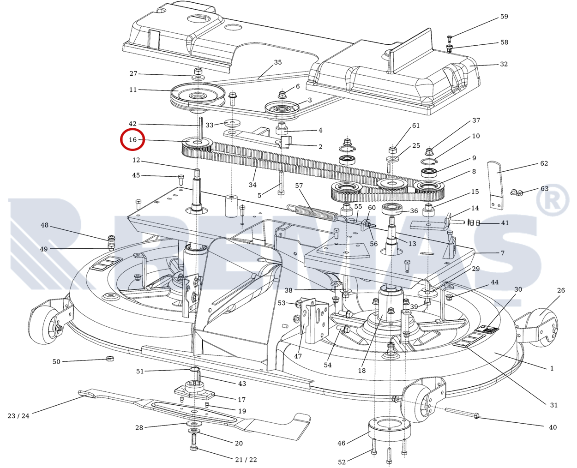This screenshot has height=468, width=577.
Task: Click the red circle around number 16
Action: (x=132, y=140)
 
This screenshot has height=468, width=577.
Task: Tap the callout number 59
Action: (x=504, y=17)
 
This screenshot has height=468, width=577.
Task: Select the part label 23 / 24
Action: (x=18, y=416)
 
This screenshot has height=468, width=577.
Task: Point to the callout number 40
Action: (x=553, y=427)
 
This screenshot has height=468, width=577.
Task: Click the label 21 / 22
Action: (x=246, y=460)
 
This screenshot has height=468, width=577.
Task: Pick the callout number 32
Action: (x=504, y=64)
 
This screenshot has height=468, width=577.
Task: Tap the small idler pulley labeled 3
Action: (x=281, y=109)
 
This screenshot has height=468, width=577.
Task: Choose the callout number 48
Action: (x=44, y=225)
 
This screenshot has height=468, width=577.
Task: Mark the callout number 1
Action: (x=552, y=368)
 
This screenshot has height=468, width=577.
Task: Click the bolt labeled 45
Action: (x=180, y=177)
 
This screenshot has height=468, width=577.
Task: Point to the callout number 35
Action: (x=277, y=62)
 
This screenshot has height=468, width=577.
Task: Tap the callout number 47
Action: (x=298, y=356)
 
